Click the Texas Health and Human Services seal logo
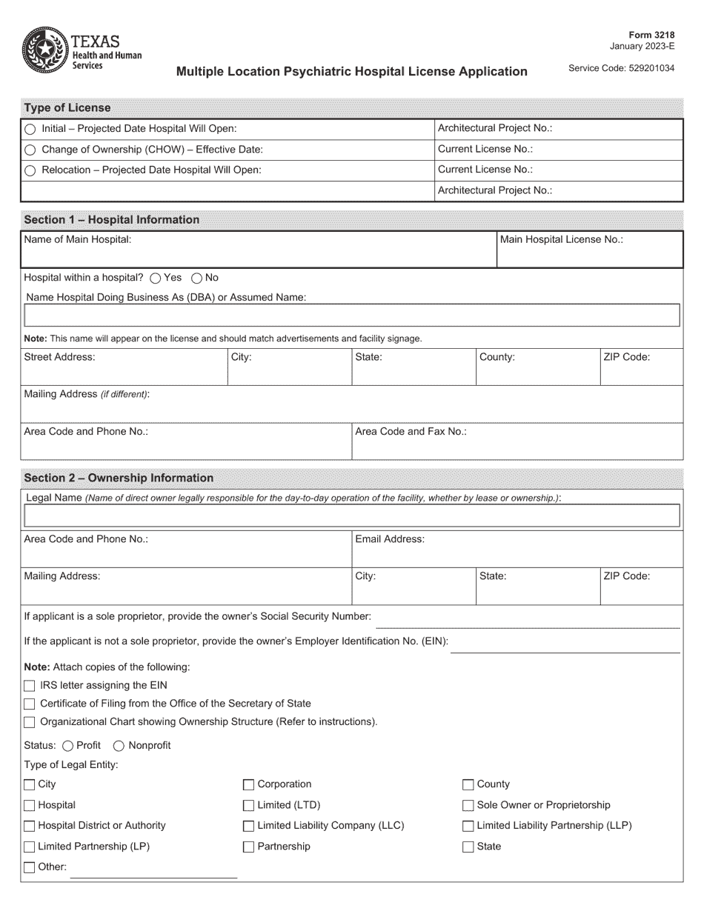(x=46, y=49)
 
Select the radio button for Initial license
(x=30, y=129)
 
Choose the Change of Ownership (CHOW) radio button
(x=30, y=150)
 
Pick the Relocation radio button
(x=30, y=170)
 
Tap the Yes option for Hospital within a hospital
(x=155, y=278)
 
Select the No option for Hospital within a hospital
(x=196, y=278)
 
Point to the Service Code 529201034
(x=621, y=68)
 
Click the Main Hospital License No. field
(x=589, y=250)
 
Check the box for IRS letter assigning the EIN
(x=30, y=686)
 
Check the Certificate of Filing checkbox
(x=30, y=704)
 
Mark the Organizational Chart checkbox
(x=30, y=722)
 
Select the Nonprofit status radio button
(x=119, y=746)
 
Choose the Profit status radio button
(x=68, y=746)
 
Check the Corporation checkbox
(x=249, y=785)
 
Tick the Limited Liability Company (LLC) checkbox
(x=249, y=827)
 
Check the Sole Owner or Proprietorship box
(x=468, y=806)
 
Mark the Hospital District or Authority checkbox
(x=30, y=827)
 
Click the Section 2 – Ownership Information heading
(x=119, y=478)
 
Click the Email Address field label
(x=390, y=539)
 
